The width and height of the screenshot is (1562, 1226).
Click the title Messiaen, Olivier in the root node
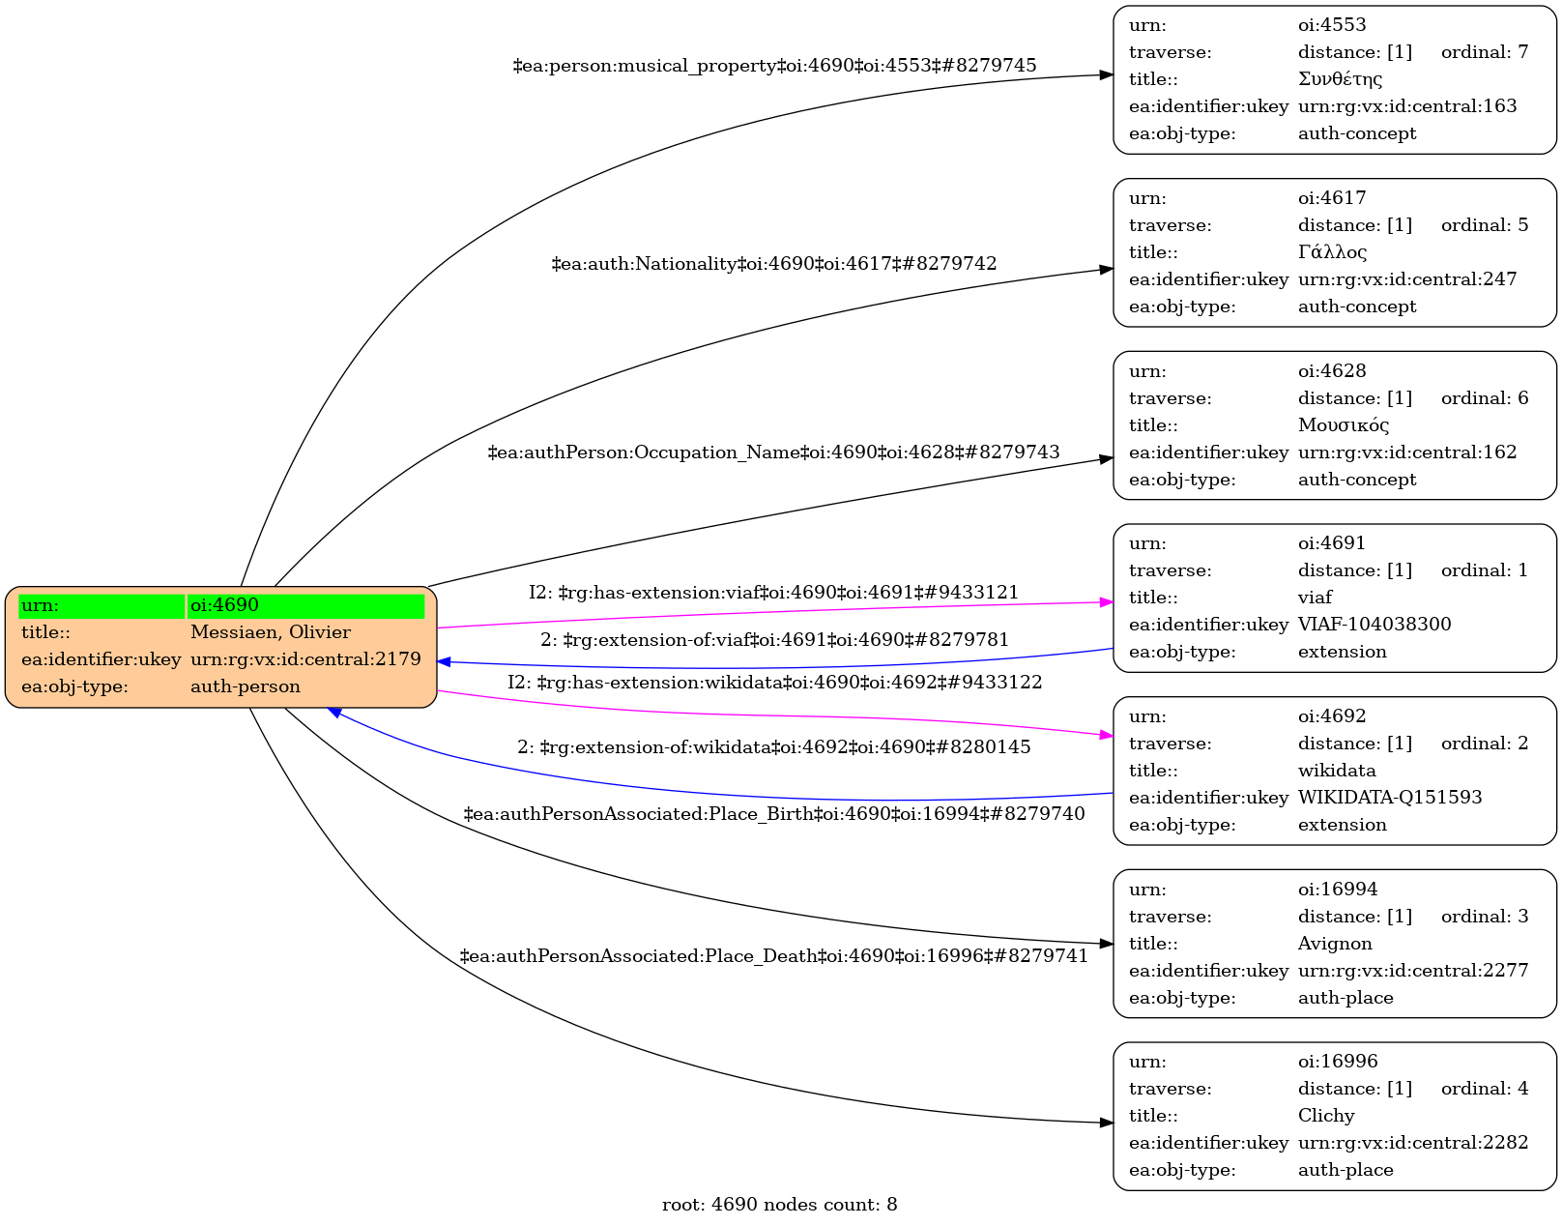click(270, 632)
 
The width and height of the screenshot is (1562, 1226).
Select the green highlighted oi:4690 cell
click(305, 605)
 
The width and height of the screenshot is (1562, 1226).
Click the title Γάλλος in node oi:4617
click(1332, 252)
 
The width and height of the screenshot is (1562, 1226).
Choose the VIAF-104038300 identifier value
click(1374, 625)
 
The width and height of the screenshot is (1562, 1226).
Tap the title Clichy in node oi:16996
click(1325, 1116)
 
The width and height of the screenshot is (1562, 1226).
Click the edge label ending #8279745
click(774, 66)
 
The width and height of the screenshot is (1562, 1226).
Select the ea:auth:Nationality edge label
click(773, 264)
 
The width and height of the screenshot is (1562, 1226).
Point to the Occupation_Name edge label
click(773, 452)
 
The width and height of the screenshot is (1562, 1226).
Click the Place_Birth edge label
click(773, 814)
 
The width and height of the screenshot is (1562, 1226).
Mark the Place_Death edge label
click(773, 956)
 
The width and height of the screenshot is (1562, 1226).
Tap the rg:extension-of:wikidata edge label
click(773, 747)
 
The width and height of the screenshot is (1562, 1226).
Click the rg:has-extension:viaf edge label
click(773, 593)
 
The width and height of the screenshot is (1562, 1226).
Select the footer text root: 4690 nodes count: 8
click(779, 1205)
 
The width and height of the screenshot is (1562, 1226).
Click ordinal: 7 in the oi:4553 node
click(1484, 52)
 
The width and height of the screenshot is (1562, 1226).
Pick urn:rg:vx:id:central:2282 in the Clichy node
click(1412, 1143)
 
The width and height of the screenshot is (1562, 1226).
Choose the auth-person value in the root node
click(245, 686)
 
